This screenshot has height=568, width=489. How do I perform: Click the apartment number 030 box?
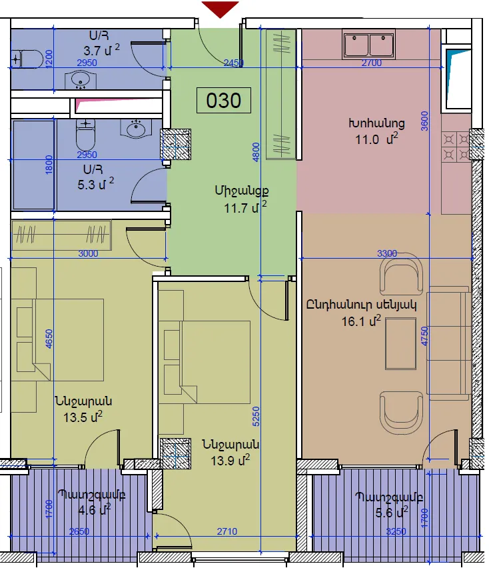coord(224,101)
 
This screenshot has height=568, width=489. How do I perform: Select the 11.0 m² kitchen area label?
coord(376,139)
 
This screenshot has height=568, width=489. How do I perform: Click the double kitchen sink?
coord(369,44)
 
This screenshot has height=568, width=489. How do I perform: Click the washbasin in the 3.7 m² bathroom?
coord(81,80)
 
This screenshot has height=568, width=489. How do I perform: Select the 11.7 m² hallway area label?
coord(245,208)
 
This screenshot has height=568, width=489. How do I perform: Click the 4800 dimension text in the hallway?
coord(256,153)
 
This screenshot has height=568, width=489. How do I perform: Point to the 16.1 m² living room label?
coord(361,321)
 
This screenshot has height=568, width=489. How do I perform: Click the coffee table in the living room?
coord(400,343)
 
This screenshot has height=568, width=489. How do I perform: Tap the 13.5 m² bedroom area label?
coord(83,417)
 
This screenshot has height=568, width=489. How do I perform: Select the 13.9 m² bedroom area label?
coord(231,461)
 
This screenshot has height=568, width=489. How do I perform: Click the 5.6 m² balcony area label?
coord(392,513)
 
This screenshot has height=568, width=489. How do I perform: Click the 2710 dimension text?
coord(227,531)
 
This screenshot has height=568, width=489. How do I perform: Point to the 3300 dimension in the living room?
coord(387,253)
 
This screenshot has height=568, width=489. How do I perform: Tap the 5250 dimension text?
coord(256,417)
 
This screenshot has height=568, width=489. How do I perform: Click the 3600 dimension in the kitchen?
coord(424,121)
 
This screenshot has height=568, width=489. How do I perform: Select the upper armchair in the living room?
coord(401,274)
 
